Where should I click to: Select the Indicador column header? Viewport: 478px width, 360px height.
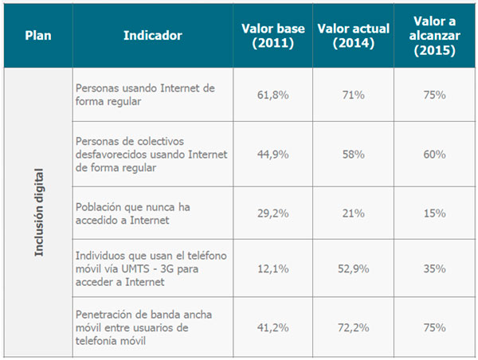153,36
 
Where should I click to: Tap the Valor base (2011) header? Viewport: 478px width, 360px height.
273,36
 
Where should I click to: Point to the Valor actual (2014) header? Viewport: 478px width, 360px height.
353,36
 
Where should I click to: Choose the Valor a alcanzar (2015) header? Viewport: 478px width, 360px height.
434,36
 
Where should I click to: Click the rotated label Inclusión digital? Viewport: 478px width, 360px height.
38,211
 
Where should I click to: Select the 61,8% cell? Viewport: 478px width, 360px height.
273,95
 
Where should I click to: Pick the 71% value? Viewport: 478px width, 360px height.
354,95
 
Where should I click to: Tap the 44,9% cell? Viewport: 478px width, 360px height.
273,154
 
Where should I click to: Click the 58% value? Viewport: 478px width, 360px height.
354,154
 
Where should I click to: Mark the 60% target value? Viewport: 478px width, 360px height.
434,154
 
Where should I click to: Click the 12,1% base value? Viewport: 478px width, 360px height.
273,269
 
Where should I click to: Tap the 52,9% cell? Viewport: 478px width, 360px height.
354,269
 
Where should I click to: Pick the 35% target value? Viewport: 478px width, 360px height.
434,269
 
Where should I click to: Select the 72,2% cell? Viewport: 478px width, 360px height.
354,328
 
